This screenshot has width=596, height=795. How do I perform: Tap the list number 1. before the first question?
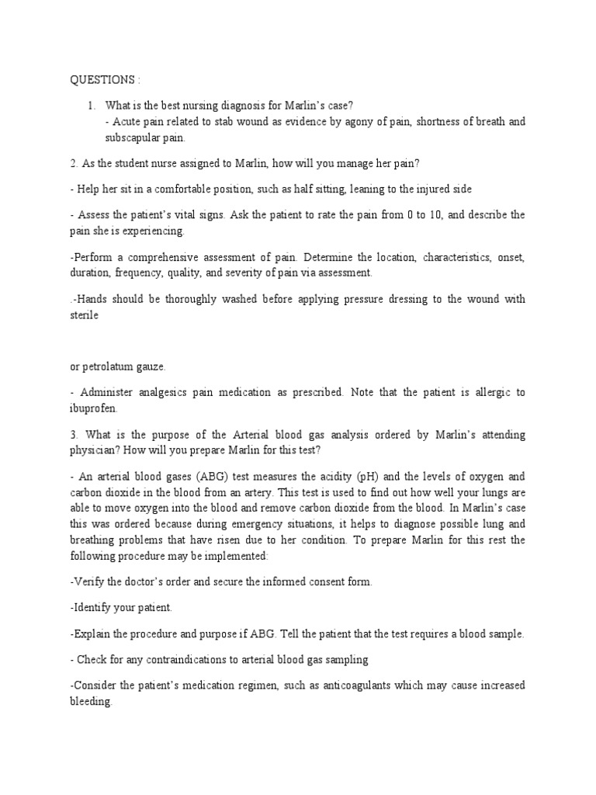(92, 106)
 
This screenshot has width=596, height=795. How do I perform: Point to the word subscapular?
(134, 137)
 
